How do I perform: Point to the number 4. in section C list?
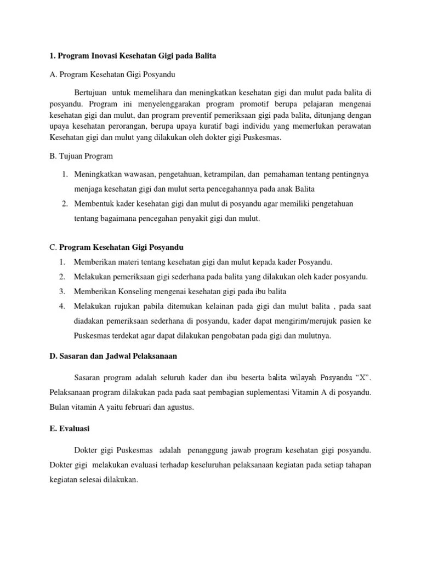[x=63, y=306]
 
